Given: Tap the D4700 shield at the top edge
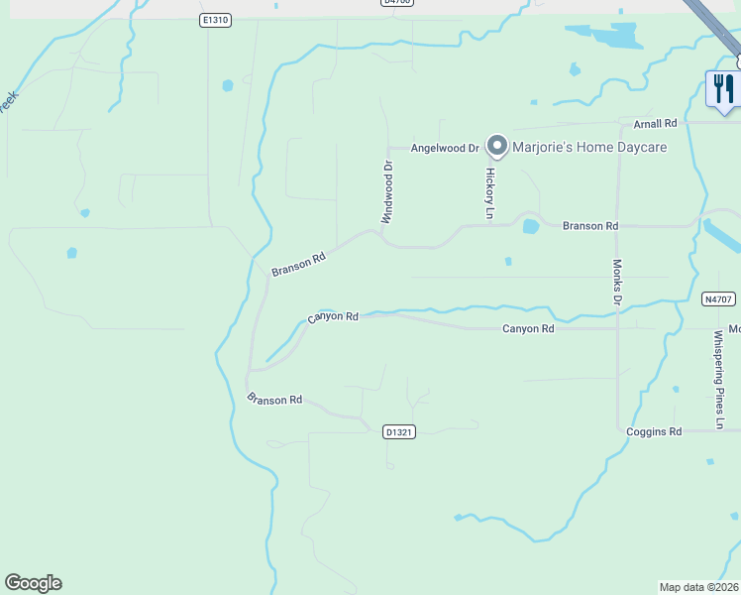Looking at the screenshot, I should coord(395,3).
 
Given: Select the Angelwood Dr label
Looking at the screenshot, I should coord(445,148).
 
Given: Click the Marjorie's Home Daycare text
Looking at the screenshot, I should coord(589,148).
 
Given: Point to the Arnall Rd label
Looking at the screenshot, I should coord(655,123).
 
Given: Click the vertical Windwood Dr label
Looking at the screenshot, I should coord(387,192).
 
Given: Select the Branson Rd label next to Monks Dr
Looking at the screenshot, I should coord(589,226).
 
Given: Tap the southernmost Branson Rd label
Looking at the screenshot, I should coord(274,399).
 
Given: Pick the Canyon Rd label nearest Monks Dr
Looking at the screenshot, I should coord(527,328).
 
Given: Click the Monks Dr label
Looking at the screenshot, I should coord(617,282).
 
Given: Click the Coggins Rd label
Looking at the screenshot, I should coord(655,431).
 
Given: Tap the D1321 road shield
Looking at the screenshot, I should coord(398,431).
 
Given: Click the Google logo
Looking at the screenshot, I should coord(33,583).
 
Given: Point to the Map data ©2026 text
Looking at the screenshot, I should coord(699,586).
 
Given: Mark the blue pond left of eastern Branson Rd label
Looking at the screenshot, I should coord(531,226).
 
